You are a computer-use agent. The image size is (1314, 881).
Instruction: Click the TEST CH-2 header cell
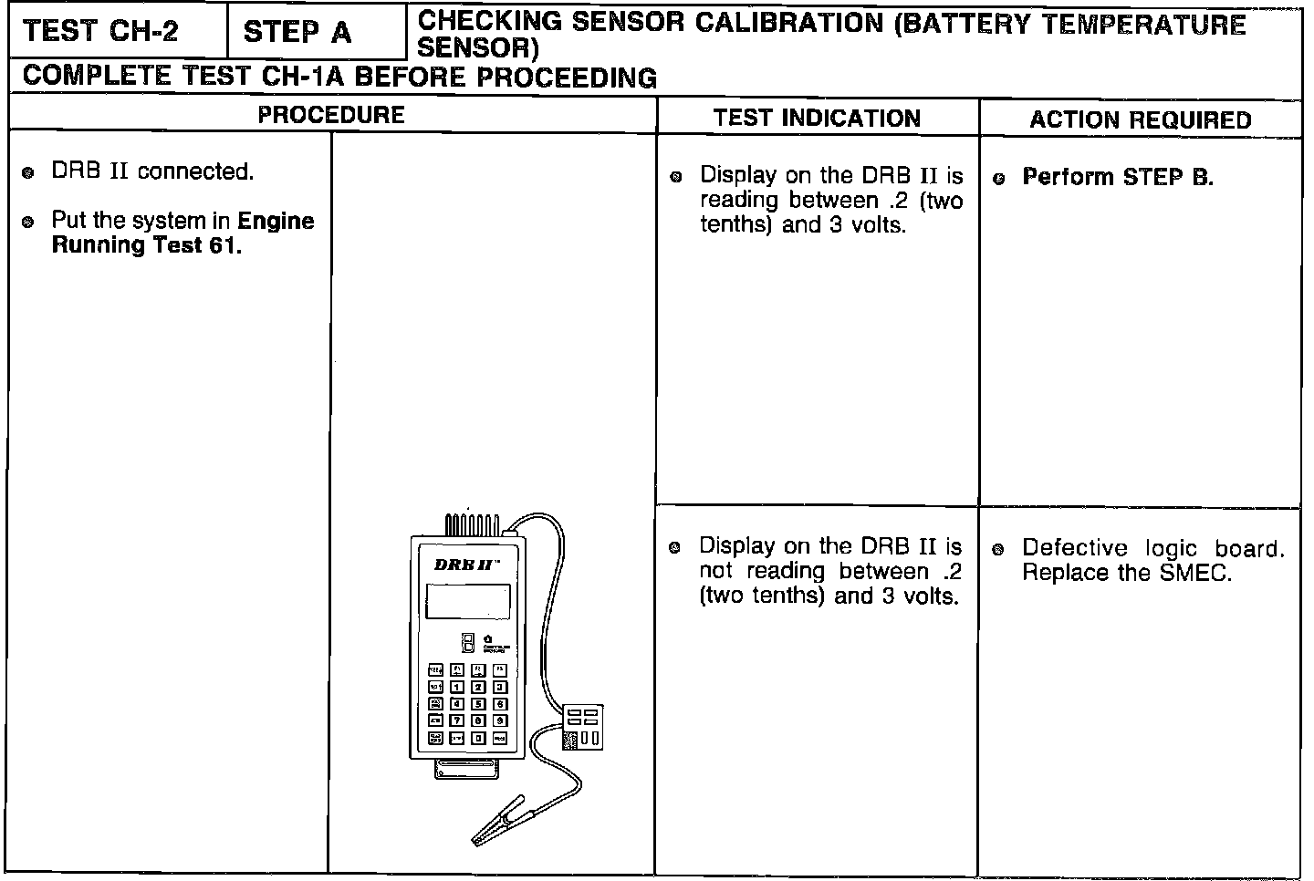tap(101, 31)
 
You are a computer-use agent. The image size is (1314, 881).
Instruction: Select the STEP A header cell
tap(297, 32)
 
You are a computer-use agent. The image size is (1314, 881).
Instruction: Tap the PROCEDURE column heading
tap(330, 115)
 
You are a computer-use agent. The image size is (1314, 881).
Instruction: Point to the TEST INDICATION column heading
tap(817, 118)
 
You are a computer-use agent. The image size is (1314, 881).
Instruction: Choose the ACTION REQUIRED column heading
tap(1141, 119)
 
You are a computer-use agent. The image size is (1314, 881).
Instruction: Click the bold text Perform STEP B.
tap(1118, 177)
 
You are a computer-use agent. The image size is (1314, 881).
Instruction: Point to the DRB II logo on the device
tap(465, 565)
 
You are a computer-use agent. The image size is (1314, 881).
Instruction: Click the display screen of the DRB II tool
tap(467, 601)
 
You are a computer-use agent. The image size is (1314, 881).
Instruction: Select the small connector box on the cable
tap(581, 726)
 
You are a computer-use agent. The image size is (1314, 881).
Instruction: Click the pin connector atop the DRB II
tap(471, 525)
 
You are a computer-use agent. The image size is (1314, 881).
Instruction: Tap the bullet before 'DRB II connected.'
tap(28, 172)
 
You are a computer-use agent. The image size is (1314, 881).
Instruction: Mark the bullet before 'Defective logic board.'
tap(998, 549)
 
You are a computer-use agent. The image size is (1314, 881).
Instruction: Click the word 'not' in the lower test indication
tap(716, 571)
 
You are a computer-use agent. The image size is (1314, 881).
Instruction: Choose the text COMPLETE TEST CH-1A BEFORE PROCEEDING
tap(339, 77)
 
